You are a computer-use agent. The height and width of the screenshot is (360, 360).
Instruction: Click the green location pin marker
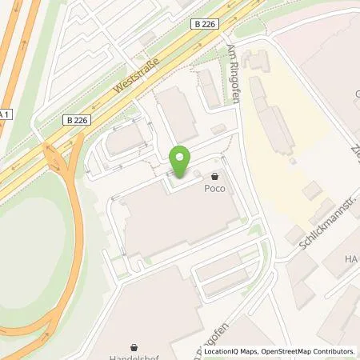pyautogui.click(x=181, y=162)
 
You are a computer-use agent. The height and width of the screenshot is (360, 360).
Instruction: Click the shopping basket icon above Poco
pyautogui.click(x=215, y=177)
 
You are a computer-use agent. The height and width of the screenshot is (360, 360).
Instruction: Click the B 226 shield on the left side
pyautogui.click(x=75, y=120)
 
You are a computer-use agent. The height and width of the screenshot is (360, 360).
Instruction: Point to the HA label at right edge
pyautogui.click(x=351, y=259)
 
